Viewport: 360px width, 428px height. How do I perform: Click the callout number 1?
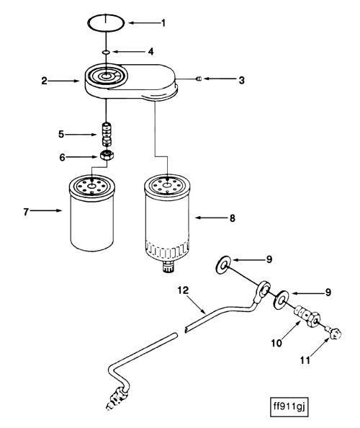[x=163, y=22]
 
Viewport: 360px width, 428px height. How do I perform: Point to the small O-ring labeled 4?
[x=105, y=53]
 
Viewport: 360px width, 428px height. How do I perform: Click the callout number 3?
[x=242, y=81]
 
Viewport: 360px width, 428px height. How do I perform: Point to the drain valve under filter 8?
[x=168, y=268]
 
